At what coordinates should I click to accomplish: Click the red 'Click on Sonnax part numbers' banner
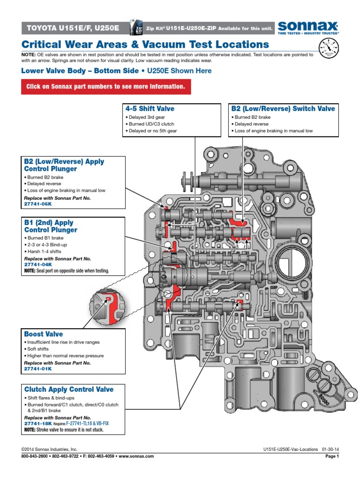coord(106,87)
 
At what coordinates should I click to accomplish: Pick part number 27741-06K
coord(38,204)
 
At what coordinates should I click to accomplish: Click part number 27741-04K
coord(38,264)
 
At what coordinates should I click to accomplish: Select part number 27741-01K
coord(38,369)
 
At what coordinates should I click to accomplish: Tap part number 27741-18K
coord(38,423)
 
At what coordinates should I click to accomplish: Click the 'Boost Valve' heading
coord(44,334)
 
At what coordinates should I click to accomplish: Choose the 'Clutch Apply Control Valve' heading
coord(68,389)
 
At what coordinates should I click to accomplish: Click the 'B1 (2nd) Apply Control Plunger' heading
coord(51,226)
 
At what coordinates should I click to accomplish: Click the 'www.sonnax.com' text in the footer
coord(139,456)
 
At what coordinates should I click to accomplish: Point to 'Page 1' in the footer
coord(331,456)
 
